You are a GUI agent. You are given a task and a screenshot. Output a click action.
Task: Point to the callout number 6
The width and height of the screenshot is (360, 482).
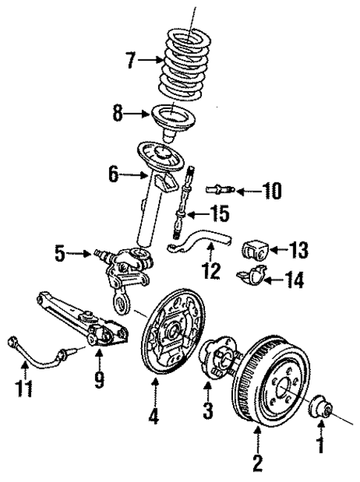tap(113, 176)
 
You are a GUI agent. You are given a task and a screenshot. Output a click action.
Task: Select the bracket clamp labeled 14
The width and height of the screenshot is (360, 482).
tap(252, 278)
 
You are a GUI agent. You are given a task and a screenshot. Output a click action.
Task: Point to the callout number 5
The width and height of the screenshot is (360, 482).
tap(60, 253)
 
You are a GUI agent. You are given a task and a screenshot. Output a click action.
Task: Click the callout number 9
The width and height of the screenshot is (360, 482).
tap(97, 380)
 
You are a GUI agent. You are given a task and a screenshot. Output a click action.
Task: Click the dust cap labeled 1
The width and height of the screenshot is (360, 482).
tap(321, 409)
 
